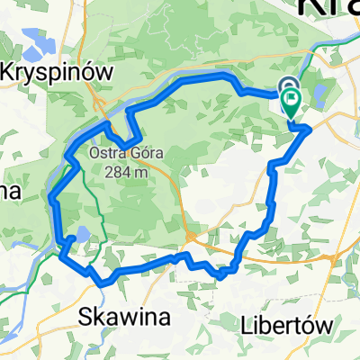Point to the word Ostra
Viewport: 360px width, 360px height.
[107, 152]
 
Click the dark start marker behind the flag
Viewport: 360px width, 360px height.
[288, 87]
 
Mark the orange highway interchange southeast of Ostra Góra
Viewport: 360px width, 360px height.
[192, 237]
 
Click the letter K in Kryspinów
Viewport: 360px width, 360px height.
[9, 71]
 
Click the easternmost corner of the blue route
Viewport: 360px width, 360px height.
[310, 129]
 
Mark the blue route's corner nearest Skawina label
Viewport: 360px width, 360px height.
[103, 281]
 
